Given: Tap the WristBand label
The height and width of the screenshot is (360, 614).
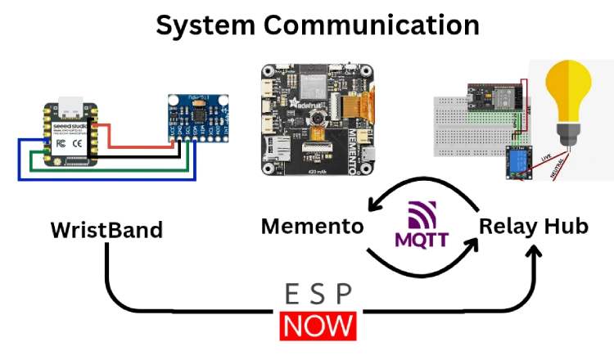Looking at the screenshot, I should pos(106,230).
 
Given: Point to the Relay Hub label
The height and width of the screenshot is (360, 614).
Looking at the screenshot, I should pos(533,226).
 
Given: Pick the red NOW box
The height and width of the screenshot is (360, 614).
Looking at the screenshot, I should pos(318,325).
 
